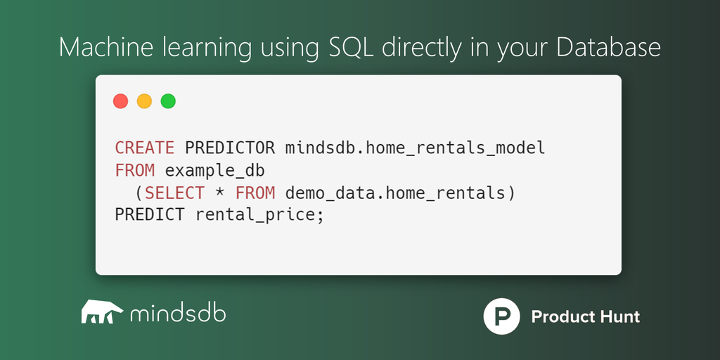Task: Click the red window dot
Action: click(x=121, y=101)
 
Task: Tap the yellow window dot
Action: click(x=144, y=101)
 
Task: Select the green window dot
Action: click(x=168, y=101)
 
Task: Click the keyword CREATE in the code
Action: click(x=145, y=148)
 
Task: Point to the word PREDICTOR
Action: click(x=230, y=148)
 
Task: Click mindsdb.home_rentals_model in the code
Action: click(x=415, y=148)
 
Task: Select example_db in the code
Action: click(x=214, y=171)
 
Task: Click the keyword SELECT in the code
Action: click(x=174, y=193)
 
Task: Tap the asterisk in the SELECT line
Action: click(x=219, y=193)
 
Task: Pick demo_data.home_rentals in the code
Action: click(x=395, y=194)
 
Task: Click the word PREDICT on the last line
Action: click(x=150, y=215)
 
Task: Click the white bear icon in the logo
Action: click(x=102, y=311)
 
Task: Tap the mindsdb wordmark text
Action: click(x=178, y=313)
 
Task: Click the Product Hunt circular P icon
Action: click(x=501, y=316)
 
